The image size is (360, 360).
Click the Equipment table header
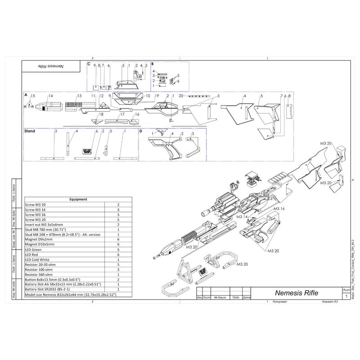point(78,199)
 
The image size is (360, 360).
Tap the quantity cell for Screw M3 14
point(117,209)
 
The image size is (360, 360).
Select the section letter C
point(89,64)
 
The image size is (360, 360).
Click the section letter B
point(153,64)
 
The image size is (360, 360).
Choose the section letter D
point(141,131)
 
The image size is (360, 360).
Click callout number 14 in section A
point(50,96)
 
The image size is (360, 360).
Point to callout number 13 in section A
point(79,96)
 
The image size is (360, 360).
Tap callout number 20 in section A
point(180,96)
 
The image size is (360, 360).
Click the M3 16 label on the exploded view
point(279,209)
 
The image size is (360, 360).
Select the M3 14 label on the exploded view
point(242,217)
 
